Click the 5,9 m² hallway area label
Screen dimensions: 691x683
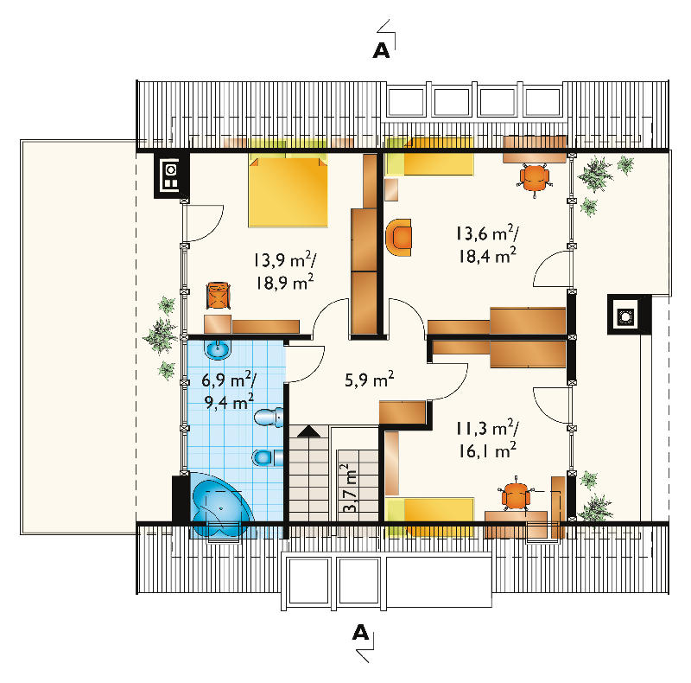[370, 379]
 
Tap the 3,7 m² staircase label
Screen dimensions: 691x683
[350, 488]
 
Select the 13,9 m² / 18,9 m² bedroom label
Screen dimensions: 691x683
[285, 271]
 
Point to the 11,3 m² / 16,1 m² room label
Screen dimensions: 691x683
[487, 439]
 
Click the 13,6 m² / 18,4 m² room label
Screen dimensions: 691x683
[487, 244]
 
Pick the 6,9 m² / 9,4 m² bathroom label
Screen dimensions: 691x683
[229, 390]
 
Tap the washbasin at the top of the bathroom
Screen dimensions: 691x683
[218, 349]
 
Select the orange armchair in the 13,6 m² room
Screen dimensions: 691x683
[399, 238]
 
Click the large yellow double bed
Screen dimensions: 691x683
[288, 190]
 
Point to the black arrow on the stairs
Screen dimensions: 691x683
[309, 431]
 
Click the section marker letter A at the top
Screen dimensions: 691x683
[381, 51]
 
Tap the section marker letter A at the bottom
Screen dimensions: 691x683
[360, 633]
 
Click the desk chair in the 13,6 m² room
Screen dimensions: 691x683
[535, 178]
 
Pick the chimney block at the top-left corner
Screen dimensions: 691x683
[171, 176]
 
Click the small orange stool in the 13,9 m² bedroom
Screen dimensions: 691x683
[219, 295]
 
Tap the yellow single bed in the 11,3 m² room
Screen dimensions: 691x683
[429, 516]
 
